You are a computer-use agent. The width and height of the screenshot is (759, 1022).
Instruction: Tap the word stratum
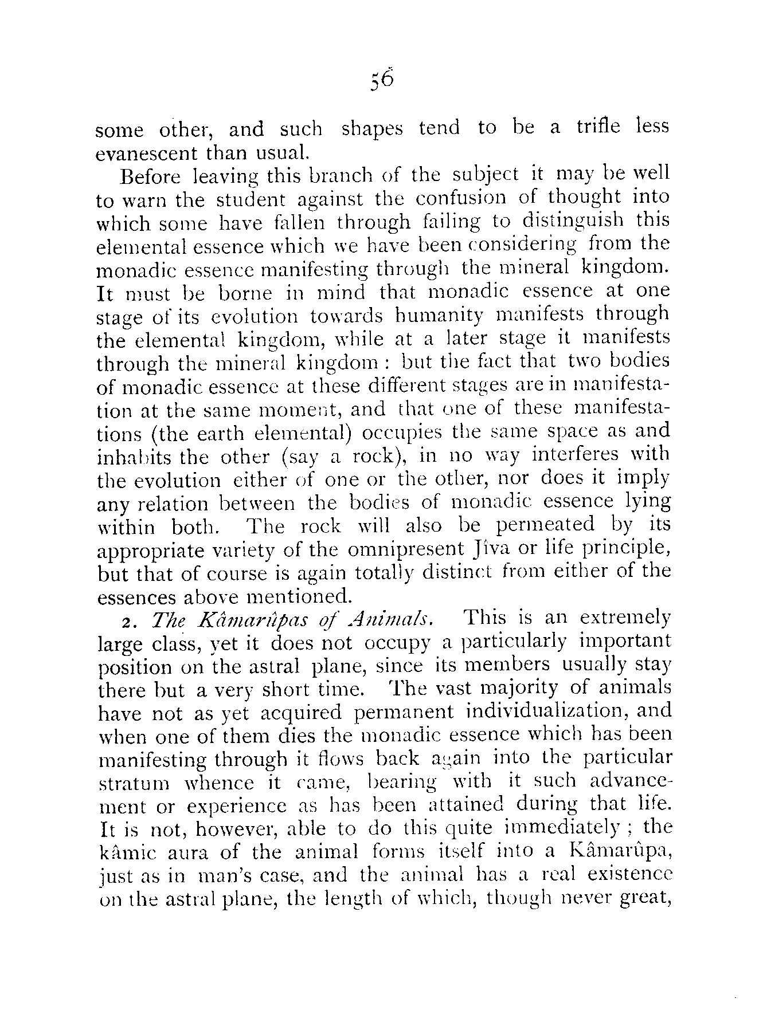pos(130,783)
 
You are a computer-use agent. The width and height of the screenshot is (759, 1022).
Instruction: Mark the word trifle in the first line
pos(598,127)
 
